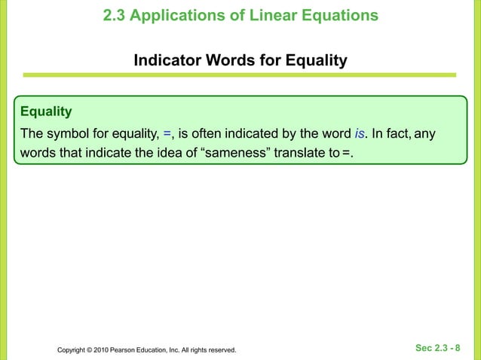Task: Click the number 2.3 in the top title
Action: click(x=115, y=15)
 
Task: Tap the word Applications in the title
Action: click(x=175, y=15)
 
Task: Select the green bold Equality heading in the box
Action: click(x=46, y=112)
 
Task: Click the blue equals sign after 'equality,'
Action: click(x=167, y=135)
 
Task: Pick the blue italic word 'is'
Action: click(x=360, y=135)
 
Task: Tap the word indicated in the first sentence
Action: click(x=248, y=135)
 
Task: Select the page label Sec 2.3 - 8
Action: click(x=438, y=349)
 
